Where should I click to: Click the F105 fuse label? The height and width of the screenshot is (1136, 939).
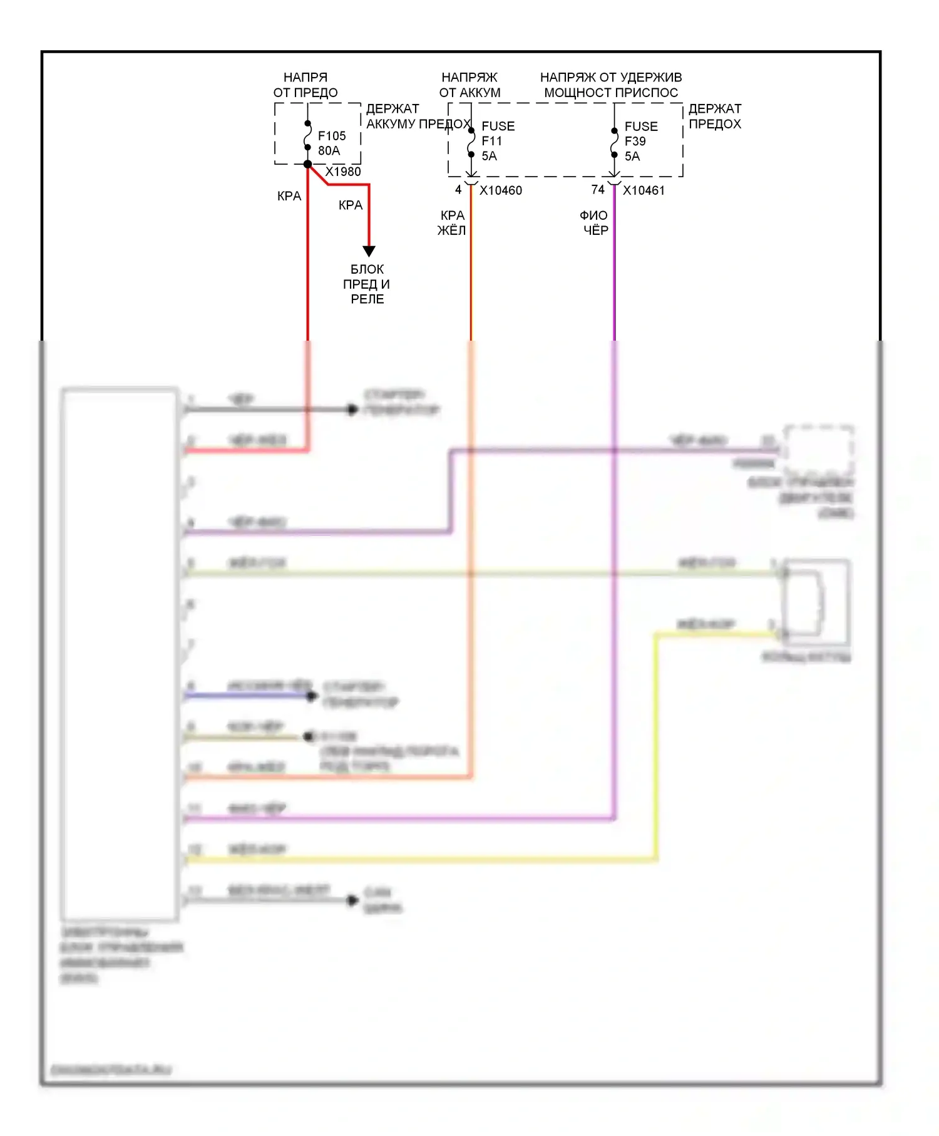click(331, 136)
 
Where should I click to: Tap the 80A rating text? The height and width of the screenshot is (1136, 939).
click(329, 151)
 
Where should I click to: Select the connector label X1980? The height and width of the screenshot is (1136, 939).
click(343, 172)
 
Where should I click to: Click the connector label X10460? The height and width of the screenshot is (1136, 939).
click(500, 190)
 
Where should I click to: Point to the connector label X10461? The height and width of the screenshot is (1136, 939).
click(644, 190)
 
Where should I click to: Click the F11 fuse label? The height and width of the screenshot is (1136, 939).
click(491, 142)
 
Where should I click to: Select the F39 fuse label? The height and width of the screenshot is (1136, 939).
click(635, 142)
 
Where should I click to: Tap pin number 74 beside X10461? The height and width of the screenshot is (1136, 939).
click(598, 190)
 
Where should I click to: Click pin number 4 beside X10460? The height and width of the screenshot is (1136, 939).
click(458, 190)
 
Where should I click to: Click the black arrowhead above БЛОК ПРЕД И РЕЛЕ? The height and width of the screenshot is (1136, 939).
click(369, 251)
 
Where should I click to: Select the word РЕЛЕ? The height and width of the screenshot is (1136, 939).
click(367, 299)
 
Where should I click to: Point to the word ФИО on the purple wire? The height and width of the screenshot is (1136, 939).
click(593, 215)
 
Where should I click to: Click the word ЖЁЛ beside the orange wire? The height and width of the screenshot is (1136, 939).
click(451, 230)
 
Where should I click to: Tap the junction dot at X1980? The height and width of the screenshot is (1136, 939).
click(307, 164)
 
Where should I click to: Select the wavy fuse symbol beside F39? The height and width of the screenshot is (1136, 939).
click(614, 143)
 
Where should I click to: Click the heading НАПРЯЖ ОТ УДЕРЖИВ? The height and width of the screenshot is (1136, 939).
click(610, 78)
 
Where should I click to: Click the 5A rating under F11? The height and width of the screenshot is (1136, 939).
click(489, 157)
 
